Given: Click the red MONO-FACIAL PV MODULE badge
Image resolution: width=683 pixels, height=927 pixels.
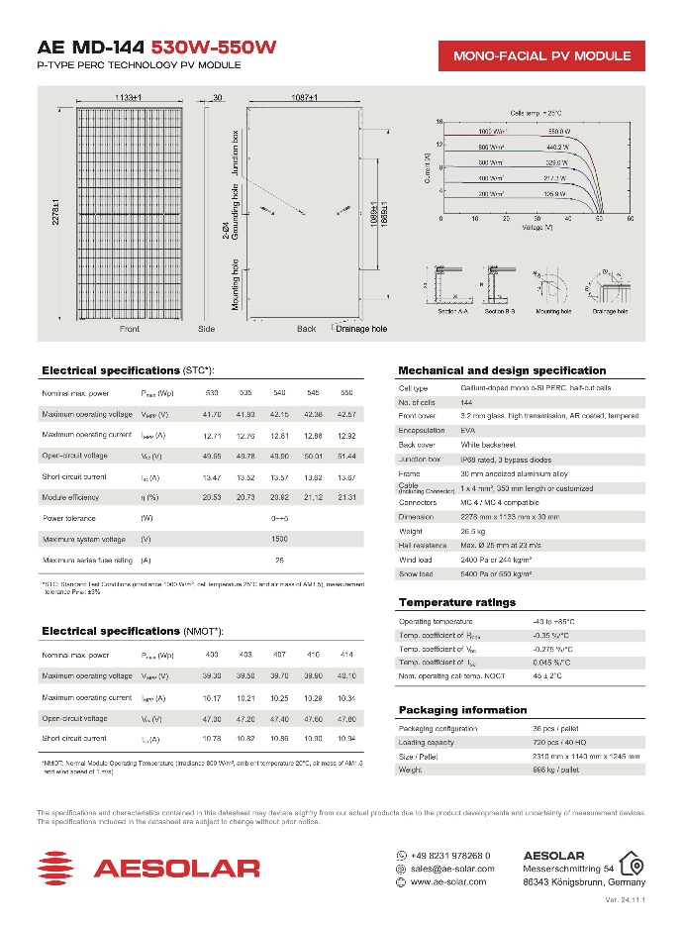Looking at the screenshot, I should pos(541,55).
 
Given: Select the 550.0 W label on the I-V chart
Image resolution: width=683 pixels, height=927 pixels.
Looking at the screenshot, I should pos(560,131).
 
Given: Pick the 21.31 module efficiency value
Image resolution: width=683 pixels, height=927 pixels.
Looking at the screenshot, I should pos(346,497).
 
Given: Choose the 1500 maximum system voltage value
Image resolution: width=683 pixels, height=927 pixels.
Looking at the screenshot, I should pos(279,540).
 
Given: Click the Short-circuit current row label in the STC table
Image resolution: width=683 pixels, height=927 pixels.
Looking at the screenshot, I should pos(75,476).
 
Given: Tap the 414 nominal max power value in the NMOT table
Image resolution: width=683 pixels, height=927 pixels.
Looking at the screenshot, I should pos(346,656).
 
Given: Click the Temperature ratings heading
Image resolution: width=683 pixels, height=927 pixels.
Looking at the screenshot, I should pos(456,602).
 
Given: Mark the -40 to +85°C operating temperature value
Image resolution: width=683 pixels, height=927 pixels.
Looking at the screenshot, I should pos(554,621).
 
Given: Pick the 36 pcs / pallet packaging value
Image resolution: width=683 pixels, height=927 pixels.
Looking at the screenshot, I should pos(557,729).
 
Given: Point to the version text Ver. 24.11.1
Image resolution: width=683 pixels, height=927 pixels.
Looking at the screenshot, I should pos(624,900).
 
